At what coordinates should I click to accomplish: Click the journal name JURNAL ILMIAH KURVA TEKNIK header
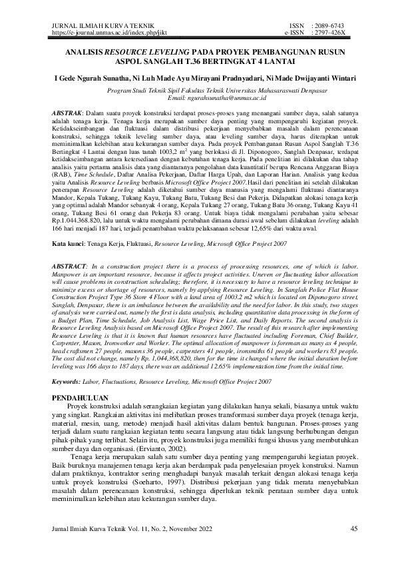coord(90,25)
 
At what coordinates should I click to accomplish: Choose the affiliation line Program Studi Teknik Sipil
coord(198,90)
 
